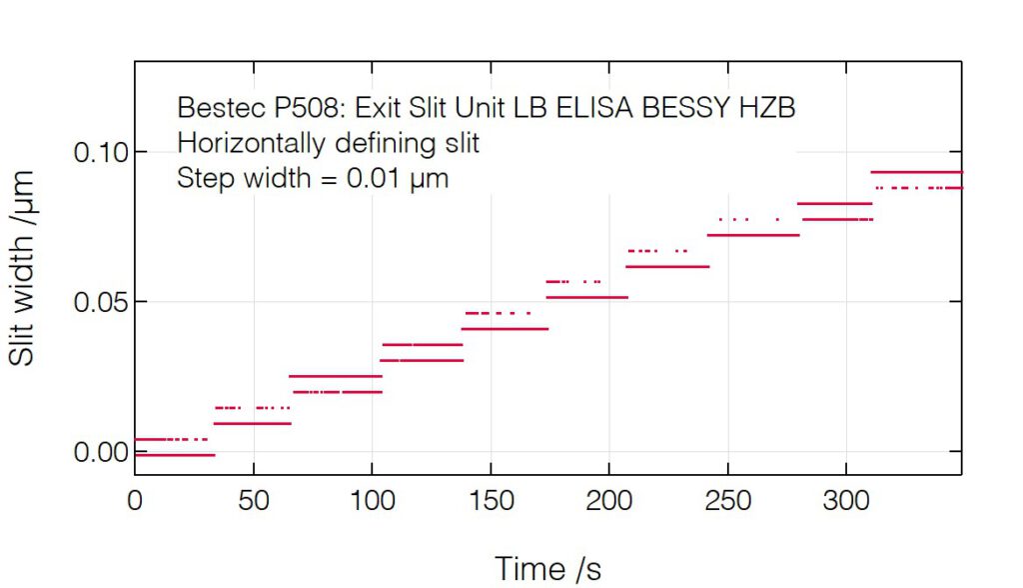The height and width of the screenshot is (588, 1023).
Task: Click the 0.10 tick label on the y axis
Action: pyautogui.click(x=98, y=153)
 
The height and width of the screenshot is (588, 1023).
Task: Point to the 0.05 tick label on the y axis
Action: pyautogui.click(x=98, y=302)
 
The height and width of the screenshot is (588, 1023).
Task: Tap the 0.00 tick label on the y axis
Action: pyautogui.click(x=98, y=453)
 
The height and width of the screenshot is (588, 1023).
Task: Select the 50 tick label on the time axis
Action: pyautogui.click(x=254, y=500)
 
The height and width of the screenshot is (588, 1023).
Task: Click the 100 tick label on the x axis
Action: pyautogui.click(x=372, y=500)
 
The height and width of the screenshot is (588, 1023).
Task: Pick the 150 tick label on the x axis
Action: pyautogui.click(x=491, y=500)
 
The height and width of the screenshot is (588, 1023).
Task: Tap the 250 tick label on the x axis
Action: pyautogui.click(x=727, y=500)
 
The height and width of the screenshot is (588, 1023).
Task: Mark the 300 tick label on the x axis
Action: pyautogui.click(x=845, y=500)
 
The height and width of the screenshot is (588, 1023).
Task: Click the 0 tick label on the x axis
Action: pyautogui.click(x=135, y=500)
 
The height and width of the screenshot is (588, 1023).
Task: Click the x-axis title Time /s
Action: pyautogui.click(x=548, y=569)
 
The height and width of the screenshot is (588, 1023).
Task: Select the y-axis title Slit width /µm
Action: pyautogui.click(x=23, y=268)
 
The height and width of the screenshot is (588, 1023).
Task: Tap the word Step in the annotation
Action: pyautogui.click(x=200, y=180)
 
